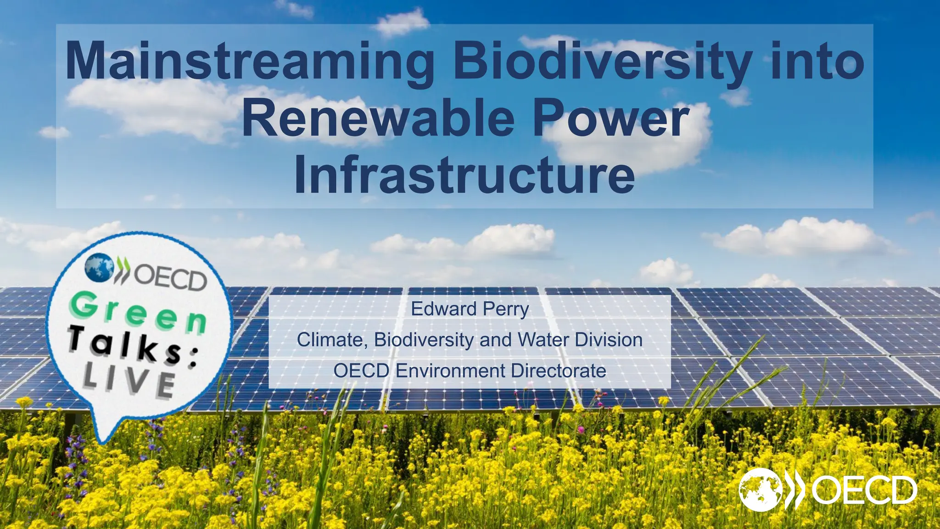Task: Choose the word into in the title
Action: tap(817, 62)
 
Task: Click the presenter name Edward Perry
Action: tap(470, 309)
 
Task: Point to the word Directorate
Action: tap(558, 371)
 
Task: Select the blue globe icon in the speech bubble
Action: tap(99, 267)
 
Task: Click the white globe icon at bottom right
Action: tap(761, 490)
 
